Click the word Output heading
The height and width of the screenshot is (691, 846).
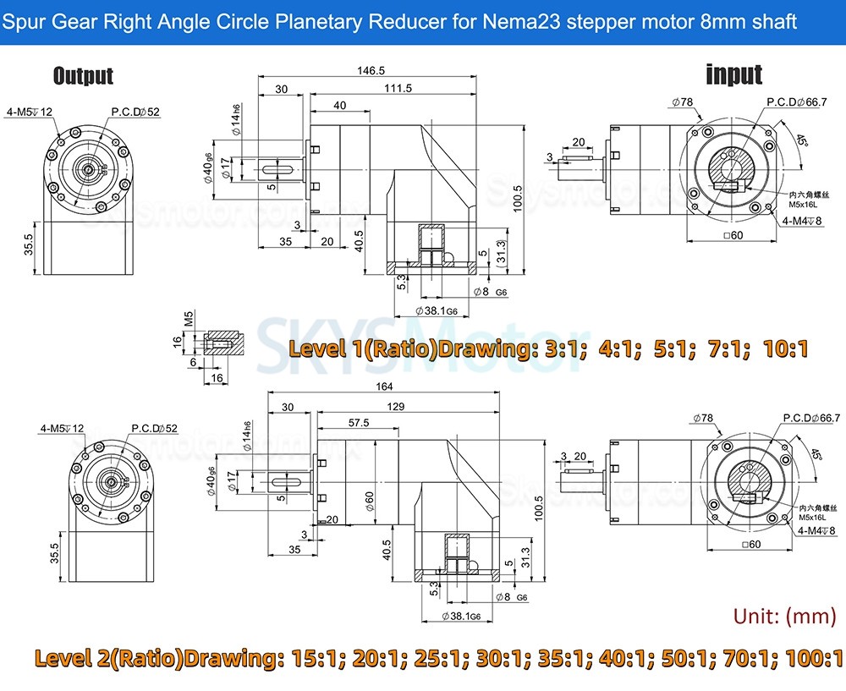[83, 76]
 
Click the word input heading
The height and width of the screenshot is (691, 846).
[733, 74]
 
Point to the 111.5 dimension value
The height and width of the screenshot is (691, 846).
[397, 88]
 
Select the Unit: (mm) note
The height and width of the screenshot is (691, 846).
[784, 615]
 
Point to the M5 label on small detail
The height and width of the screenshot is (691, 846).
[189, 319]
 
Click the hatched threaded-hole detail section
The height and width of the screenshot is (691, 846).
[225, 343]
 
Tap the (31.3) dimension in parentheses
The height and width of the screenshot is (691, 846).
[501, 252]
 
